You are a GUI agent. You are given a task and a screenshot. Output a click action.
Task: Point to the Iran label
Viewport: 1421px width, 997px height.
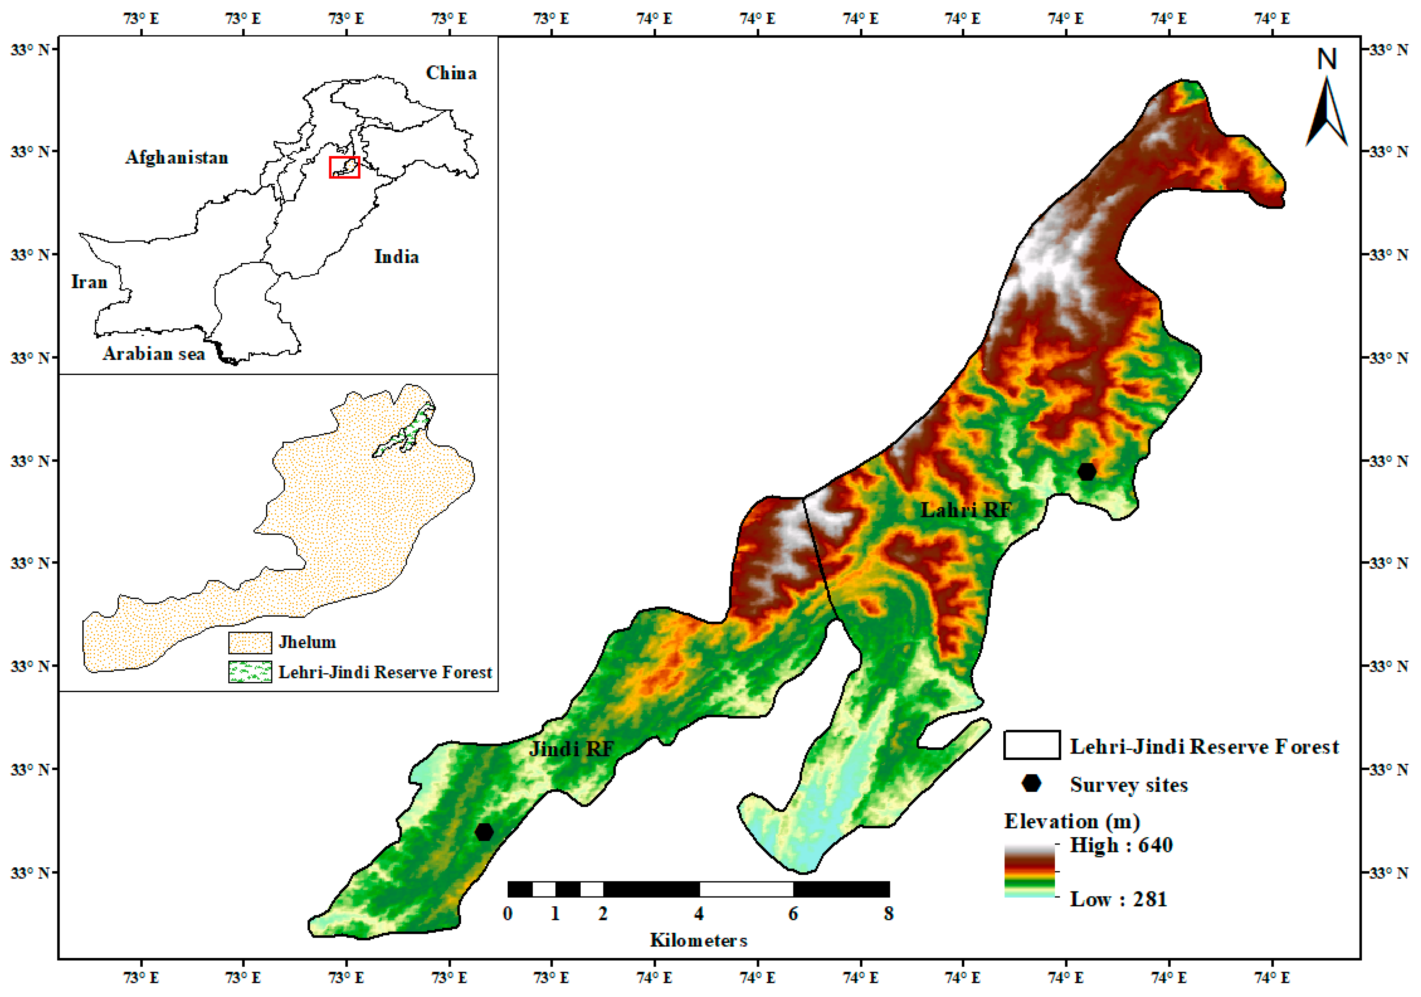click(x=89, y=282)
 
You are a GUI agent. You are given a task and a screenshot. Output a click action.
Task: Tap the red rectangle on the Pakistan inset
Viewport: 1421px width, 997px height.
click(x=344, y=167)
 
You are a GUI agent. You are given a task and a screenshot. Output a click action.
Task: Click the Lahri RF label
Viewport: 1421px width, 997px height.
click(x=965, y=510)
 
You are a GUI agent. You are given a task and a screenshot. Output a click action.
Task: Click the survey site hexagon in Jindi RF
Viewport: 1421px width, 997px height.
click(x=484, y=832)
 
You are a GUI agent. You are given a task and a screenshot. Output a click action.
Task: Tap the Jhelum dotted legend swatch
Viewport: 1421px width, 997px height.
click(x=250, y=642)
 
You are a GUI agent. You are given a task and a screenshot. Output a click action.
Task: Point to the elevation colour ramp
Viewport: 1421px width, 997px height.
click(x=1029, y=871)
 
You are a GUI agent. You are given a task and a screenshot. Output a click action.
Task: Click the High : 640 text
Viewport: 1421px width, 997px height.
click(x=1121, y=845)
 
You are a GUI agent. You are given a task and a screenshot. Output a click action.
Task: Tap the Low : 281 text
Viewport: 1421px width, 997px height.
click(x=1118, y=899)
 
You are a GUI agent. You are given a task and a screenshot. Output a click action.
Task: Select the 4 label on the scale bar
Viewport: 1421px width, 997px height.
click(x=699, y=914)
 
